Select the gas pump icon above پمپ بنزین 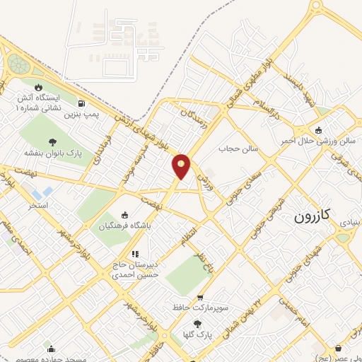[88, 103]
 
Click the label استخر [37, 205]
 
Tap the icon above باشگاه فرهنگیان [125, 215]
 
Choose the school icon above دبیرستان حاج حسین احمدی [134, 253]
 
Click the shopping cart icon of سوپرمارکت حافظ [201, 298]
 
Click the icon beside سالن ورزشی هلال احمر [319, 129]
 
